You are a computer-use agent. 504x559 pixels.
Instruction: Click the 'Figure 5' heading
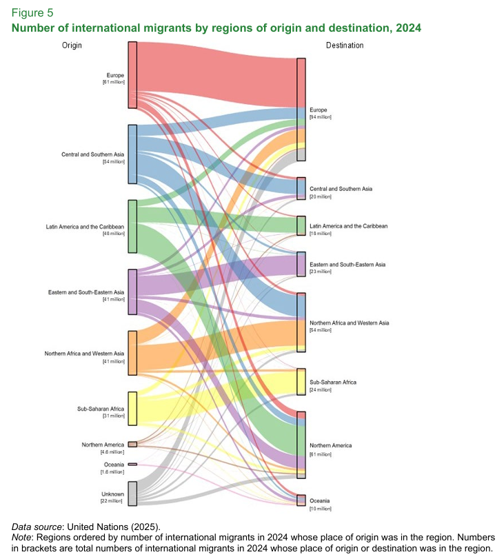pos(32,13)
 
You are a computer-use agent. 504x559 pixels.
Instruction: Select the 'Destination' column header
pos(344,45)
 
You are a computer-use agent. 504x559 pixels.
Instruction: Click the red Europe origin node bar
pos(132,74)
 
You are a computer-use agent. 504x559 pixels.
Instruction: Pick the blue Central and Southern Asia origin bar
pos(132,154)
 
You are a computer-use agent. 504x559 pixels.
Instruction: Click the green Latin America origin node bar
pos(132,226)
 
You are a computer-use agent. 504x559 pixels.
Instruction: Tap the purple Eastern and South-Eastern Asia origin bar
pos(132,292)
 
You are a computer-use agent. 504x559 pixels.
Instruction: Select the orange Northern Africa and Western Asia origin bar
pos(132,353)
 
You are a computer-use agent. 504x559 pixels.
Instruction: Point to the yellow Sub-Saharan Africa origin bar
pos(132,408)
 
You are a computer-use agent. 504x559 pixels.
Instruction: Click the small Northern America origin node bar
pos(132,445)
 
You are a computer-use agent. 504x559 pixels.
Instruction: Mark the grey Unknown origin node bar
pos(132,494)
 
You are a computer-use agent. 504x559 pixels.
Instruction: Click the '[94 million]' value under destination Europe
pos(321,118)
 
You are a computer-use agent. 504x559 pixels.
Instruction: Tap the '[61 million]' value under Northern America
pos(321,454)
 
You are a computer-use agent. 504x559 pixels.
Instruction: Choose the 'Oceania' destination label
pos(319,500)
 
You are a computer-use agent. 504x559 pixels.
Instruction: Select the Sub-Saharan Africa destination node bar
pos(301,381)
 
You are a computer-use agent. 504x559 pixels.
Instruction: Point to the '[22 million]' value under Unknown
pos(113,501)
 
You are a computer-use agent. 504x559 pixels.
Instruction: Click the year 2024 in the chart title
pos(407,28)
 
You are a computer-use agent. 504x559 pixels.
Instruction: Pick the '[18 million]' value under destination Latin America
pos(321,234)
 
